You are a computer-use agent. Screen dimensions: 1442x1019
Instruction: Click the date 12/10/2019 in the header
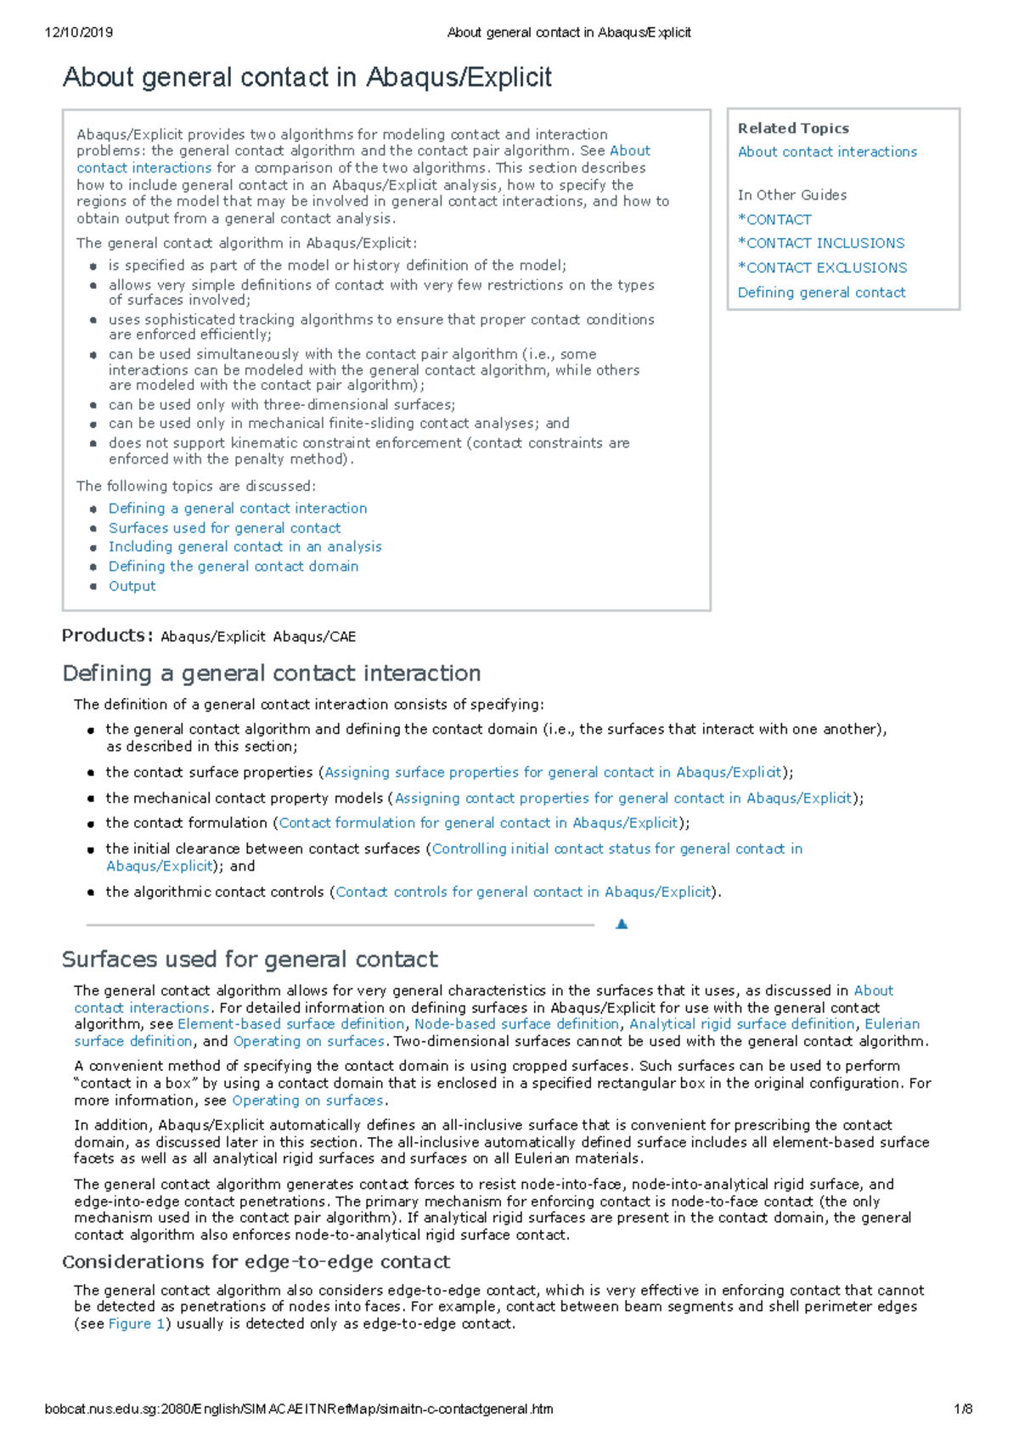(79, 32)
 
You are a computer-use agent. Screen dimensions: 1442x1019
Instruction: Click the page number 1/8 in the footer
(963, 1409)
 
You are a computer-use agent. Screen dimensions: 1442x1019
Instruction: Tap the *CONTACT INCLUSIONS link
(821, 243)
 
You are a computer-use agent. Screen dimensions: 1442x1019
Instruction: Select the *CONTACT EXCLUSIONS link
(822, 268)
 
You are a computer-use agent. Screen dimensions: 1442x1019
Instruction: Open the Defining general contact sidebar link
(821, 292)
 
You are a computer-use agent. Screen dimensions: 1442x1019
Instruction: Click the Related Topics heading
(793, 128)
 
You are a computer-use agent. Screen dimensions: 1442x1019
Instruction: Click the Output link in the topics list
(132, 586)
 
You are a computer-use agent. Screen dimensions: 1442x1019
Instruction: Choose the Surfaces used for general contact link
(224, 527)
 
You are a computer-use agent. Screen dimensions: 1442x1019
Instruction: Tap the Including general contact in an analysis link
(245, 547)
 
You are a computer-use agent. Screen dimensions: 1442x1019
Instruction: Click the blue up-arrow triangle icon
(622, 924)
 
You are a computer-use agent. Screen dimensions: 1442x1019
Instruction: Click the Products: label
(107, 635)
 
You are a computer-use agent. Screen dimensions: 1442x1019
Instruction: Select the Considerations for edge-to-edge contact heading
(256, 1262)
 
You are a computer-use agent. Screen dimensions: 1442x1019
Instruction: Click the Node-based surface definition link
(516, 1024)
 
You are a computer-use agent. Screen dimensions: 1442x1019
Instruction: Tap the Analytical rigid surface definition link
(741, 1024)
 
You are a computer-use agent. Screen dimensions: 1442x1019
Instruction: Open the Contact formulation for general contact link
(479, 823)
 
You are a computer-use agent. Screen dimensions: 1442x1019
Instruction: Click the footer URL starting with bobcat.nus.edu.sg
(299, 1409)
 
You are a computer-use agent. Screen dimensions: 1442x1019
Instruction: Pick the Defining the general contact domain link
(234, 566)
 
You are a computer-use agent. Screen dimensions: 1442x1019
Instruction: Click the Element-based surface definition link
(290, 1024)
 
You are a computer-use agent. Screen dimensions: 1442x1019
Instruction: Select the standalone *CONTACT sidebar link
(774, 219)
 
